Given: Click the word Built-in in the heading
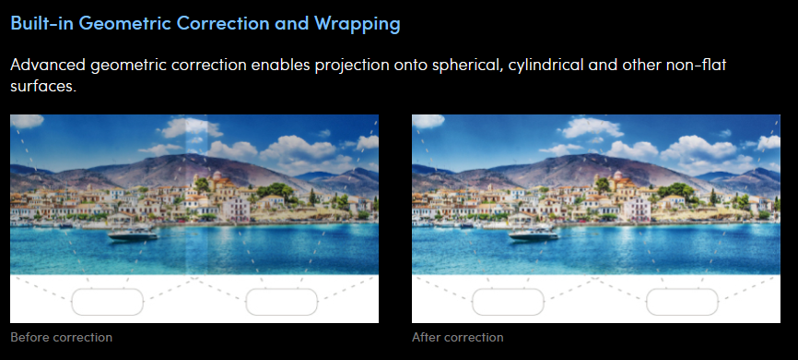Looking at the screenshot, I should point(41,24).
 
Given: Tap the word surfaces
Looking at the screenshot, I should point(41,90).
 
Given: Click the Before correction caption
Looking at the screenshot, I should point(61,337).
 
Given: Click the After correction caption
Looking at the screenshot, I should point(457,337).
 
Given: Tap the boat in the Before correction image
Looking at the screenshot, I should point(134,234).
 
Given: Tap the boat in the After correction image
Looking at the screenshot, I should point(534,234).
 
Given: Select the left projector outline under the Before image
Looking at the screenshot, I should point(107,301).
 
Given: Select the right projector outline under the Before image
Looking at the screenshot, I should point(282,301).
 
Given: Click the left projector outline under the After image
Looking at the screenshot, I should point(508,301).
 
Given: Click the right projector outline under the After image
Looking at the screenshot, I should point(682,301).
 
